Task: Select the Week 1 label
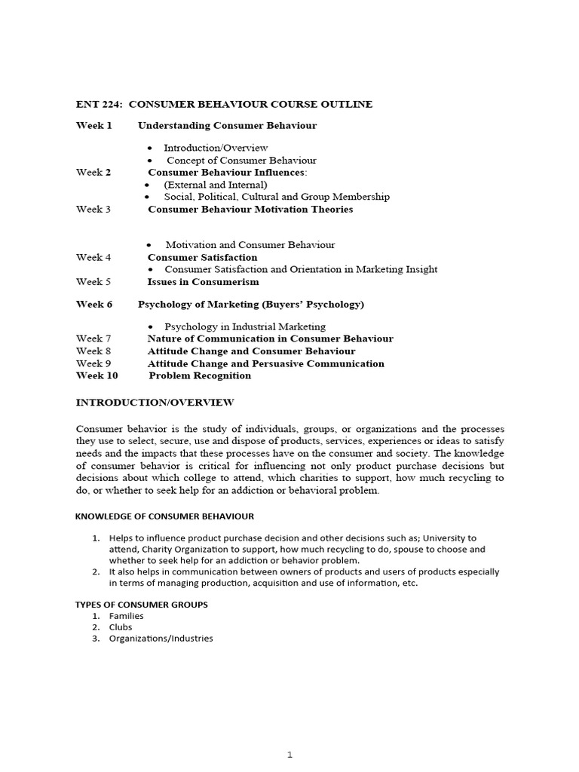click(x=93, y=125)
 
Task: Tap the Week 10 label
click(x=97, y=375)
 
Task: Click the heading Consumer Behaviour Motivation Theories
click(x=250, y=209)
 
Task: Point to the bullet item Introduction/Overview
click(x=216, y=148)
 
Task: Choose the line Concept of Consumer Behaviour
click(x=241, y=160)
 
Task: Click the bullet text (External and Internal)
click(x=216, y=184)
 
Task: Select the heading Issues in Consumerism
click(x=203, y=281)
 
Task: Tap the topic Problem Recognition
click(x=200, y=375)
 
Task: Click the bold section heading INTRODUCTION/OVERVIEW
click(x=155, y=403)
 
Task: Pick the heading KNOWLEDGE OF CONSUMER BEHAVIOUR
click(x=164, y=516)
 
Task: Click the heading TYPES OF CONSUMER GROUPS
click(x=142, y=605)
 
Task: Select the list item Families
click(x=126, y=616)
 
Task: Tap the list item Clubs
click(x=121, y=627)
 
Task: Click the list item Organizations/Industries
click(x=161, y=639)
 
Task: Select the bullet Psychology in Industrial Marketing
click(x=245, y=326)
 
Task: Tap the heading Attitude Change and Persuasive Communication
click(x=265, y=363)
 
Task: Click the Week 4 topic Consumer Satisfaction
click(x=202, y=257)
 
